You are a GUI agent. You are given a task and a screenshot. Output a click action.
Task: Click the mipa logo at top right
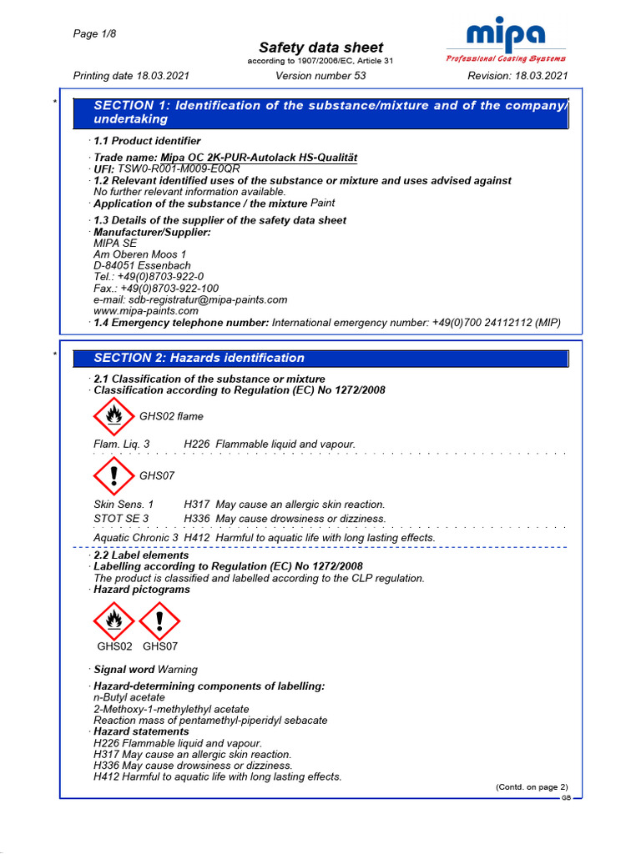[506, 36]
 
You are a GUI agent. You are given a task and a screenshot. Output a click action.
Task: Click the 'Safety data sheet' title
[320, 48]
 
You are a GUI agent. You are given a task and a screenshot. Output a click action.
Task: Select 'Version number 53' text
[320, 76]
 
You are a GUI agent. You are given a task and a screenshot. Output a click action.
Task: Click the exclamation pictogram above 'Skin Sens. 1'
[114, 475]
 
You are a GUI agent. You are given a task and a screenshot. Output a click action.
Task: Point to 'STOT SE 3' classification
[121, 519]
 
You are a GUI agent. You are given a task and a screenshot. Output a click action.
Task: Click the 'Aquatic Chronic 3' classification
[135, 538]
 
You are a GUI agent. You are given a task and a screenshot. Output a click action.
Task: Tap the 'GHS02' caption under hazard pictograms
[114, 646]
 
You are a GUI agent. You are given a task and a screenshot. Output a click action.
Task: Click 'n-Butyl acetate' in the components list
[129, 697]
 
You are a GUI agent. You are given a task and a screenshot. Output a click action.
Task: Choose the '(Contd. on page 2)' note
[532, 786]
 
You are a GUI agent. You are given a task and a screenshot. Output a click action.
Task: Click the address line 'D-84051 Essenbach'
[142, 266]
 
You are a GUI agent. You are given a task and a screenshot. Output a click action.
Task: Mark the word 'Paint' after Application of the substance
[322, 203]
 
